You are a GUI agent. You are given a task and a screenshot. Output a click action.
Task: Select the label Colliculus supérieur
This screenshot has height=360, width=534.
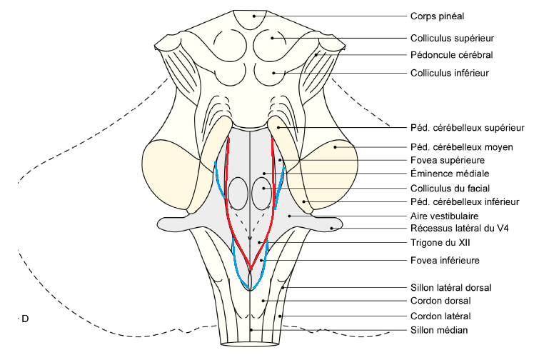[452, 38]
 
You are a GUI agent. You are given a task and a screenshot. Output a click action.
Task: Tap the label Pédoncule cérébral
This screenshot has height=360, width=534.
[451, 55]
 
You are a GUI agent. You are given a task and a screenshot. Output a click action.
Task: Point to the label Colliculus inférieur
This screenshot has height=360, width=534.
[449, 72]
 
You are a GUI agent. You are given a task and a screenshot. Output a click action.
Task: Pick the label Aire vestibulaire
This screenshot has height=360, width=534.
[445, 215]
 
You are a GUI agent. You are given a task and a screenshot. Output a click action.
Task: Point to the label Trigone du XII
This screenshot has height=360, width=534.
[437, 243]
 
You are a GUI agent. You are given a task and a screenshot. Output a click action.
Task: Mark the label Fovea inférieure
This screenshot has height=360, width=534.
[443, 260]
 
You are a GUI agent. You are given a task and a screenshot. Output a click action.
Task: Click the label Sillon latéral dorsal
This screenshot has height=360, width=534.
[450, 287]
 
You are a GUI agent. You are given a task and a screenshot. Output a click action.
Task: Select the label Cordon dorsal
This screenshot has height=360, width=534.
[440, 301]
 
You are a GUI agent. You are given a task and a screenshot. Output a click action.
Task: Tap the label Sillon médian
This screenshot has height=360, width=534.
[439, 329]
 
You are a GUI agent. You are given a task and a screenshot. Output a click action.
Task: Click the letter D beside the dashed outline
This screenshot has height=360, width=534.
[26, 318]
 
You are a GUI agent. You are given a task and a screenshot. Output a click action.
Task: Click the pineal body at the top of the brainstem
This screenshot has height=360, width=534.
[251, 19]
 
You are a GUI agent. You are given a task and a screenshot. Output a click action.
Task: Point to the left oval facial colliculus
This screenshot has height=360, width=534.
[237, 193]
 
